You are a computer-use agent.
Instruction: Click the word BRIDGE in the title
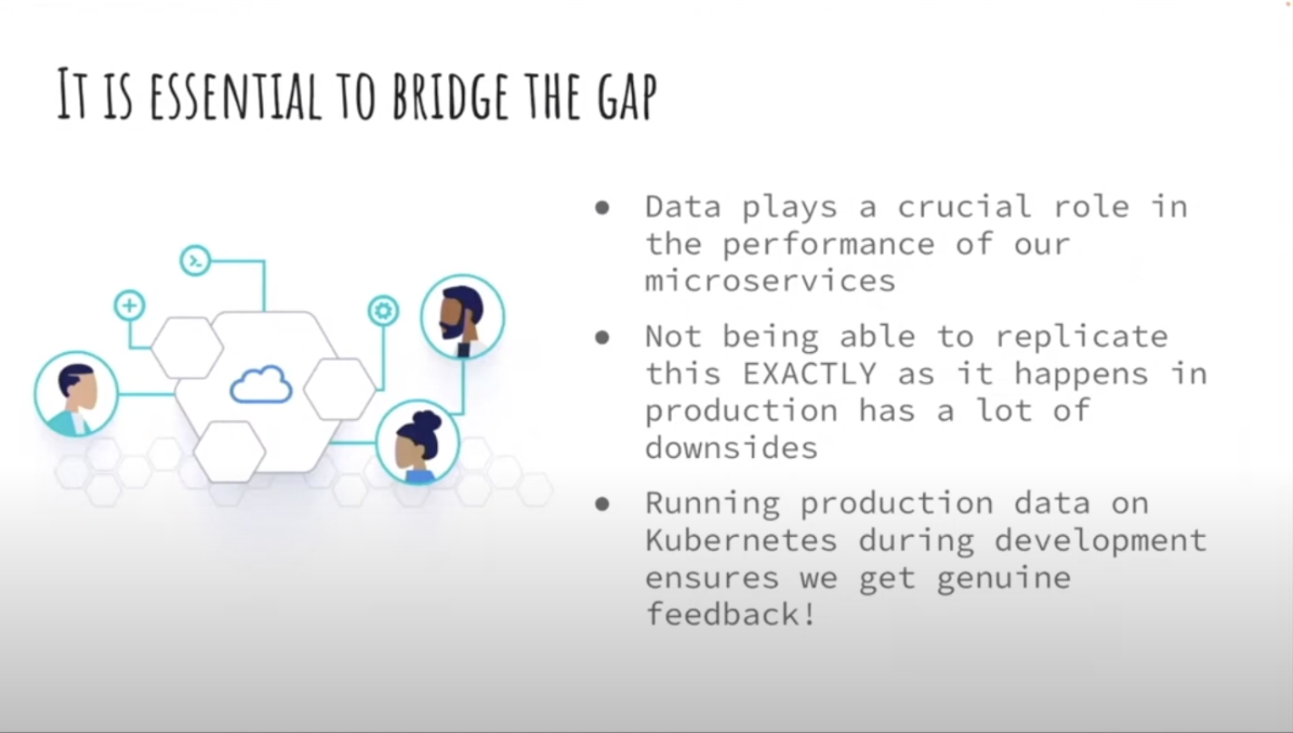click(451, 97)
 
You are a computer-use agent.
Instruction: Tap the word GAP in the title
click(627, 97)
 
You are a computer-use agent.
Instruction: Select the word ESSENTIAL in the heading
click(236, 97)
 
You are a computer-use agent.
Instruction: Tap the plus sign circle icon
click(129, 305)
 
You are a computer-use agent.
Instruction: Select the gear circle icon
click(383, 311)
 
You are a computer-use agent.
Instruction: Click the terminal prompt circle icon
click(195, 261)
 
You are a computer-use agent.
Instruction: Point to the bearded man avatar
click(463, 316)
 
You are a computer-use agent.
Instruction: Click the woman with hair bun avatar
click(418, 443)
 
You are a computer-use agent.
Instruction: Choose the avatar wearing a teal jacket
click(76, 394)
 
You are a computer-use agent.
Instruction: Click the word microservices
click(770, 281)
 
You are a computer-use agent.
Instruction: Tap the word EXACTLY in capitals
click(809, 373)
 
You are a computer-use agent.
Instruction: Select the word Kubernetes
click(742, 540)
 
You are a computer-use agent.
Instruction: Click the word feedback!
click(730, 614)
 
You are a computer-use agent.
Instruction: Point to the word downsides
click(731, 447)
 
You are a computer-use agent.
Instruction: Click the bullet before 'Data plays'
click(602, 208)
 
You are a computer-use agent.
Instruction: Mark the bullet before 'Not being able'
click(602, 338)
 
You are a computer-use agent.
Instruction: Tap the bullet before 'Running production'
click(602, 505)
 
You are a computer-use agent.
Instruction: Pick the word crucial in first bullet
click(964, 206)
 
